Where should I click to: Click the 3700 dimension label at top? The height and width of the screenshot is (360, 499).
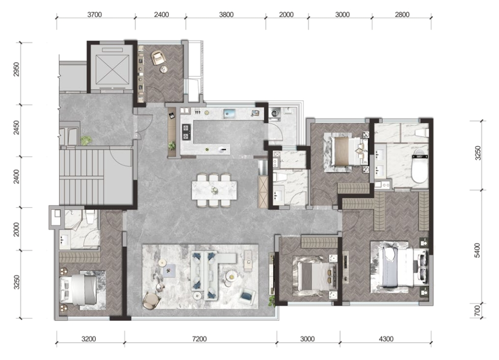tap(94, 15)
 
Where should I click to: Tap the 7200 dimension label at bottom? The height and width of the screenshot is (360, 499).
tap(199, 339)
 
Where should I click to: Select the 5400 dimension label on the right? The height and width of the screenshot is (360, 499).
tap(477, 251)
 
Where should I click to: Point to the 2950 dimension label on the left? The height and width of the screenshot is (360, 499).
tap(16, 69)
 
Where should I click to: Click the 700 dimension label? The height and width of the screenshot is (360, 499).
tap(477, 311)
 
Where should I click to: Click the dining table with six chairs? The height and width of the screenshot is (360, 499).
tap(215, 190)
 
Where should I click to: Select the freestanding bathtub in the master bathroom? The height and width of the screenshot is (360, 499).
tap(420, 165)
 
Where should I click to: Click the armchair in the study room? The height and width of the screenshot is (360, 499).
tap(158, 58)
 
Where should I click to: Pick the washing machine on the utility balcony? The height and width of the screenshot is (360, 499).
tap(275, 113)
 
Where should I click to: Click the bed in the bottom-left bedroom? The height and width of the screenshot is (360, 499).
tap(78, 290)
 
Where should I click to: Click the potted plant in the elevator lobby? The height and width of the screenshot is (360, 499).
tap(86, 140)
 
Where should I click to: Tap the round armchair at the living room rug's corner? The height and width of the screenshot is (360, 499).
tap(151, 300)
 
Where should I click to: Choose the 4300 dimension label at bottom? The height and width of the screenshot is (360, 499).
tap(386, 339)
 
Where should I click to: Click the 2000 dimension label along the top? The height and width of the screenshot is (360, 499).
tap(286, 15)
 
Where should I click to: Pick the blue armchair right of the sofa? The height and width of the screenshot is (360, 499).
tap(247, 296)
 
